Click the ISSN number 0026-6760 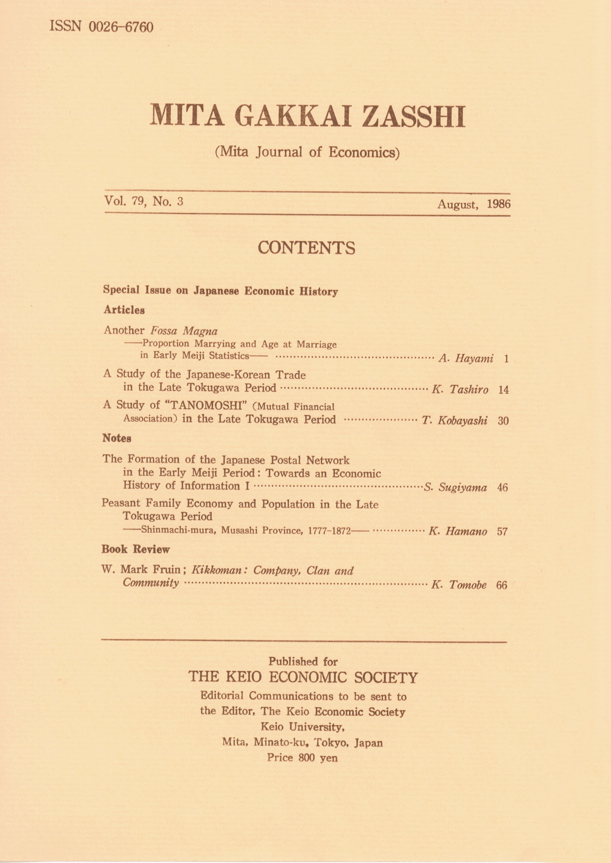(x=121, y=27)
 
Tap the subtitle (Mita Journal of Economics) (x=307, y=152)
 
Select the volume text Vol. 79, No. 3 (x=143, y=201)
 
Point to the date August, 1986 (x=473, y=204)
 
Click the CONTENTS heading (x=306, y=248)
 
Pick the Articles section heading (x=124, y=310)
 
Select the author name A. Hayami (x=466, y=359)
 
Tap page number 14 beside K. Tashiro (x=503, y=390)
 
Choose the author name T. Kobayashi (x=455, y=421)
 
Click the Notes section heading (x=116, y=438)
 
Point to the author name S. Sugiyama (x=455, y=487)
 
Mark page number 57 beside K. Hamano (x=502, y=532)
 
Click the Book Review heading (x=136, y=549)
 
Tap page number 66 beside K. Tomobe (x=502, y=585)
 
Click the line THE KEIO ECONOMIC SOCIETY (x=303, y=677)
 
